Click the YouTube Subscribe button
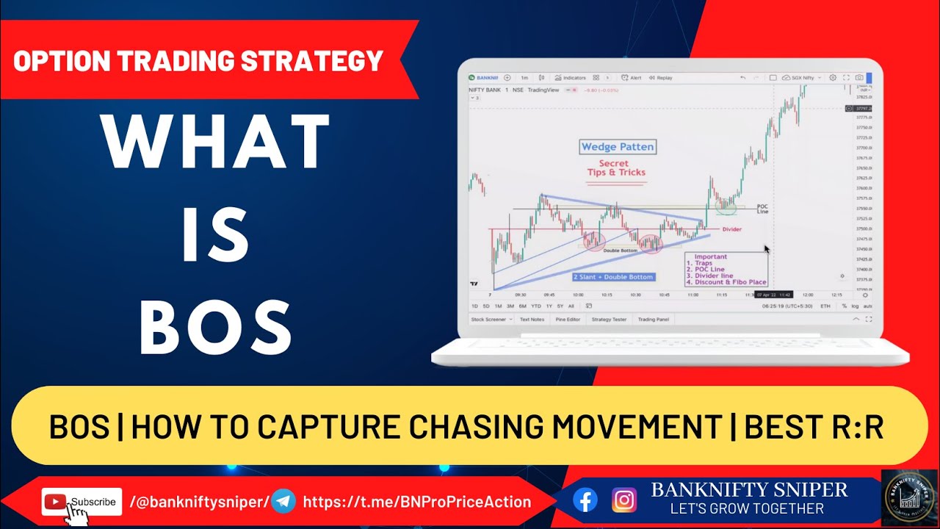point(82,502)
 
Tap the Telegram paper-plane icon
point(283,502)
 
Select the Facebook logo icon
point(585,500)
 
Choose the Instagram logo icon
point(623,500)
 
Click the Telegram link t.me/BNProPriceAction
point(416,502)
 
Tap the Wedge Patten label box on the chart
point(617,146)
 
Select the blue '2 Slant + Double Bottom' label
point(612,277)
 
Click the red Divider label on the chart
point(731,229)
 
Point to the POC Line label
point(762,209)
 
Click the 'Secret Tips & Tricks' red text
point(616,168)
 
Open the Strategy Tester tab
point(609,320)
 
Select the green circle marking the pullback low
point(726,206)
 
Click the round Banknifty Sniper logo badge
point(909,497)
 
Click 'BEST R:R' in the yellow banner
point(814,427)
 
